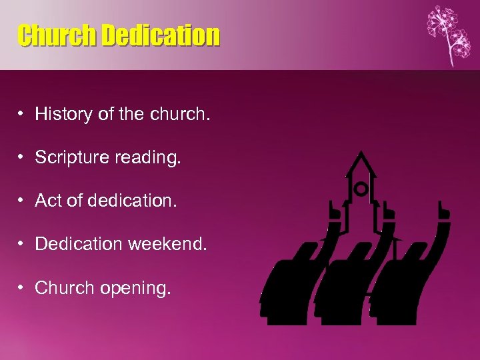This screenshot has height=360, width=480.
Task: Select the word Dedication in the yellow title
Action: [x=160, y=36]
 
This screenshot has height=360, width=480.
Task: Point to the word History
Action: [x=63, y=115]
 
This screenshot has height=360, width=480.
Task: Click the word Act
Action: [x=48, y=201]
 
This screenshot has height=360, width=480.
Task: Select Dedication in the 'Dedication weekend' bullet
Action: [x=74, y=245]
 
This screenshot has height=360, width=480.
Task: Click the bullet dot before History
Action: [x=23, y=115]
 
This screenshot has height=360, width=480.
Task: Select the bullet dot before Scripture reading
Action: [x=23, y=159]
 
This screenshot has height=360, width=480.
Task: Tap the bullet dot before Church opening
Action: [x=23, y=289]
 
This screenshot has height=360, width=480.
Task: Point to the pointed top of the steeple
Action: [x=361, y=153]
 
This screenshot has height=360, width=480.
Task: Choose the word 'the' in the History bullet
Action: [x=127, y=115]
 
